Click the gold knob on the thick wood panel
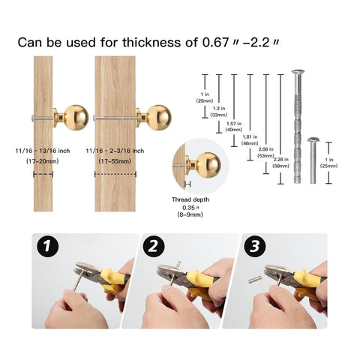[x=158, y=117]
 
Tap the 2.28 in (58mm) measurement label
[x=280, y=161]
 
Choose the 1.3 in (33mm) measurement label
[x=219, y=112]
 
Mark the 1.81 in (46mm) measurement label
[x=250, y=139]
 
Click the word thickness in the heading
[x=145, y=42]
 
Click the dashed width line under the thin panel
[x=43, y=174]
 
